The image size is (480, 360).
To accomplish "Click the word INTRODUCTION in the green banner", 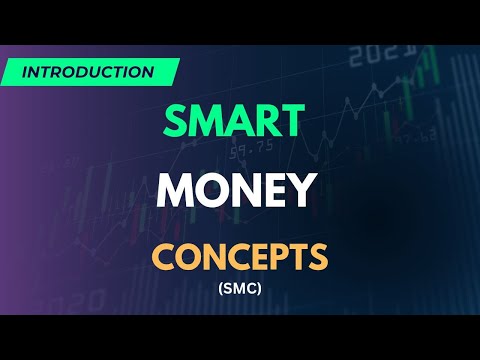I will pyautogui.click(x=87, y=72).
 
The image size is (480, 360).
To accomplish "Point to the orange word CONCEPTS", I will pyautogui.click(x=241, y=258).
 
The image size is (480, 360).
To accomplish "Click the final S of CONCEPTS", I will pyautogui.click(x=317, y=258).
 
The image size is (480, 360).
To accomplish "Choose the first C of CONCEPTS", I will pyautogui.click(x=164, y=258).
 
